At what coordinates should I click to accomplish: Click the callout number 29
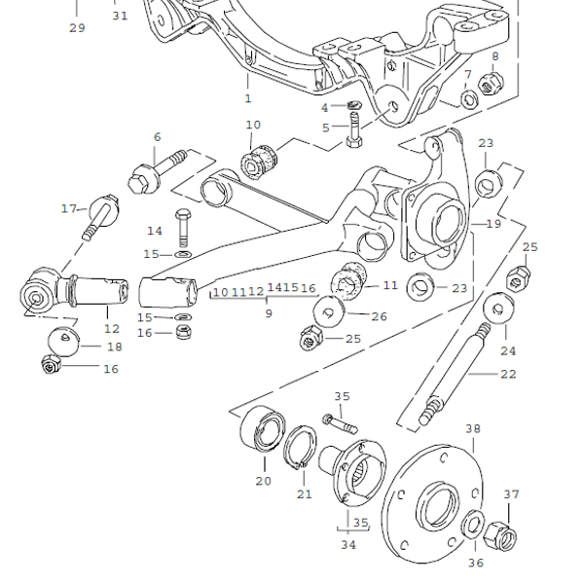coord(77,27)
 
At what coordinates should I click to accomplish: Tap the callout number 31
coord(120,16)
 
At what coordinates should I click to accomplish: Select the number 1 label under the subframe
coord(247,98)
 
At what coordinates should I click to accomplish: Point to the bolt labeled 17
coord(101,215)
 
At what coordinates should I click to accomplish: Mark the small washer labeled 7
coord(466,98)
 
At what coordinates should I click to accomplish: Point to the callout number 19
coord(493,223)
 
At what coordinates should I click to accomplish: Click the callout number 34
coord(348,546)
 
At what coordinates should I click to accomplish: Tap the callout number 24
coord(508,351)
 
